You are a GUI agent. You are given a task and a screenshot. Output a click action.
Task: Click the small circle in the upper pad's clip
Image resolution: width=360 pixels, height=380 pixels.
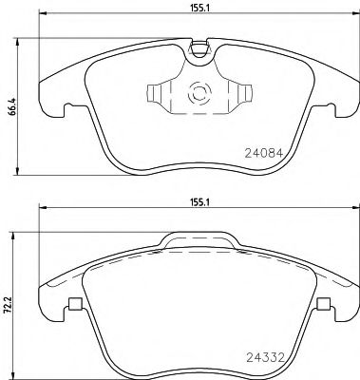(x=200, y=94)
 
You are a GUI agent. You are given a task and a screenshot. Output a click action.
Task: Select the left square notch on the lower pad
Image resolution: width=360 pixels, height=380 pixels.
(x=74, y=304)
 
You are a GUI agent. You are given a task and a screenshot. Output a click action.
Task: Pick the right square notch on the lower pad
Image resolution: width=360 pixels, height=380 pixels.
(x=323, y=304)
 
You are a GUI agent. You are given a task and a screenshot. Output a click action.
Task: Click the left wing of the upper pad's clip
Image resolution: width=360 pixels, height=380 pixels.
(x=154, y=94)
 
